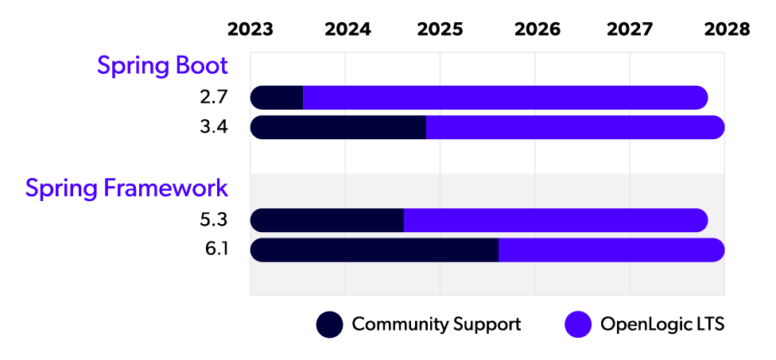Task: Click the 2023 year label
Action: coord(250,29)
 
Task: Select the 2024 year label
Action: coord(347,29)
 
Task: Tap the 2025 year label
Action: coord(440,29)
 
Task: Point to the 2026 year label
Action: coord(537,29)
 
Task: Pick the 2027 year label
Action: coord(630,29)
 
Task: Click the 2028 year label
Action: coord(726,29)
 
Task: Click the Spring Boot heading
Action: coord(162,66)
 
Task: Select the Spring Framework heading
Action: coord(126,188)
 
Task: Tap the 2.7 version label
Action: coord(214,98)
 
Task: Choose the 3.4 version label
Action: coord(214,127)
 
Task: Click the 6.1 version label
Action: coord(215,250)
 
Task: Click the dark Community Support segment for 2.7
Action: coord(277,98)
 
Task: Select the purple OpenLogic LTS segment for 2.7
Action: coord(505,98)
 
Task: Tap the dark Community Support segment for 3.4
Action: coord(338,127)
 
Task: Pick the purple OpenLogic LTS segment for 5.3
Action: coord(555,220)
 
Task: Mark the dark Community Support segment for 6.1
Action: coord(374,250)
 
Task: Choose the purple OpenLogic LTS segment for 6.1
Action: coord(611,250)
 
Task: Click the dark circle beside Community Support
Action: coord(330,324)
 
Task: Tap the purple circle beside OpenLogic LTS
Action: coord(578,324)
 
